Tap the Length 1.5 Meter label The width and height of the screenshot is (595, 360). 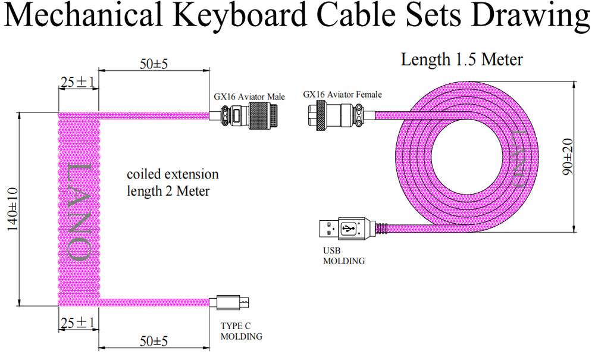(462, 60)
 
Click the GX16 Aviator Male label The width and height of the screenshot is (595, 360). (249, 96)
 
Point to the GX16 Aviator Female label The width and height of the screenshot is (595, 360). (342, 94)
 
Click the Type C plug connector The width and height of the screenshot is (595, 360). (234, 302)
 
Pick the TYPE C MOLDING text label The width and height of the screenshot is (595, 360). (241, 332)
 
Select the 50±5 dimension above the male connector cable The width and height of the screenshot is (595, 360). (154, 64)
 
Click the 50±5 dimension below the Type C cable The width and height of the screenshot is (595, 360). (154, 341)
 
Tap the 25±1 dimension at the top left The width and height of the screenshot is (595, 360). (78, 83)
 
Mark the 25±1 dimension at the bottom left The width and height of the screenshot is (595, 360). (78, 323)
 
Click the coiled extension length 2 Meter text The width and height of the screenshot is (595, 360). (173, 183)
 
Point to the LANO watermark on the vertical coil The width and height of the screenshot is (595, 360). (79, 209)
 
